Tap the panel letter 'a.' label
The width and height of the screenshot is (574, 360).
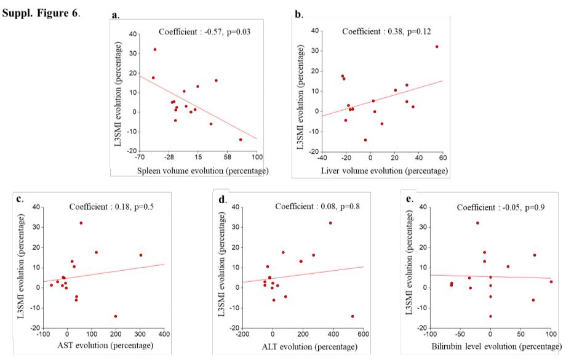pos(116,14)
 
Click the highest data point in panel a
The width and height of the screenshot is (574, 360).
pos(155,49)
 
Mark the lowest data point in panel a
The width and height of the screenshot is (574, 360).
pos(241,140)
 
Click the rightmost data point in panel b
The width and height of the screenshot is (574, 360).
pos(437,47)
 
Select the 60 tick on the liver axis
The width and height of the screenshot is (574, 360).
pos(442,158)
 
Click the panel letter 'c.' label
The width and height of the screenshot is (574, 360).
pos(20,198)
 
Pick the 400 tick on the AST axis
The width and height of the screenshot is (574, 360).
pos(164,334)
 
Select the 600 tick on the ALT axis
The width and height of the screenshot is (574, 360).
pos(363,334)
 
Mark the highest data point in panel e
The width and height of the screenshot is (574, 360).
pos(477,223)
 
